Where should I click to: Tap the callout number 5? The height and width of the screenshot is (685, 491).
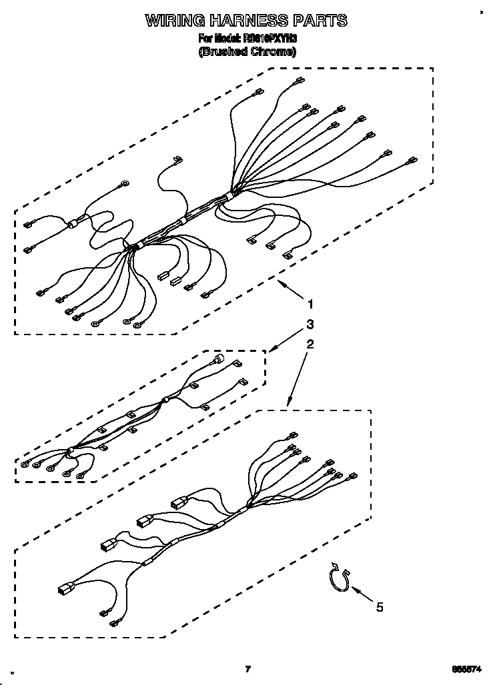(x=380, y=606)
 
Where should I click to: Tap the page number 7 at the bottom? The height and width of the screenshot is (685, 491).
(x=247, y=668)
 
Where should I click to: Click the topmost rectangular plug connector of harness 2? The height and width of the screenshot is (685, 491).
(x=179, y=503)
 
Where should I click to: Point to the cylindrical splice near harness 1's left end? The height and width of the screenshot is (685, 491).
(x=71, y=224)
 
